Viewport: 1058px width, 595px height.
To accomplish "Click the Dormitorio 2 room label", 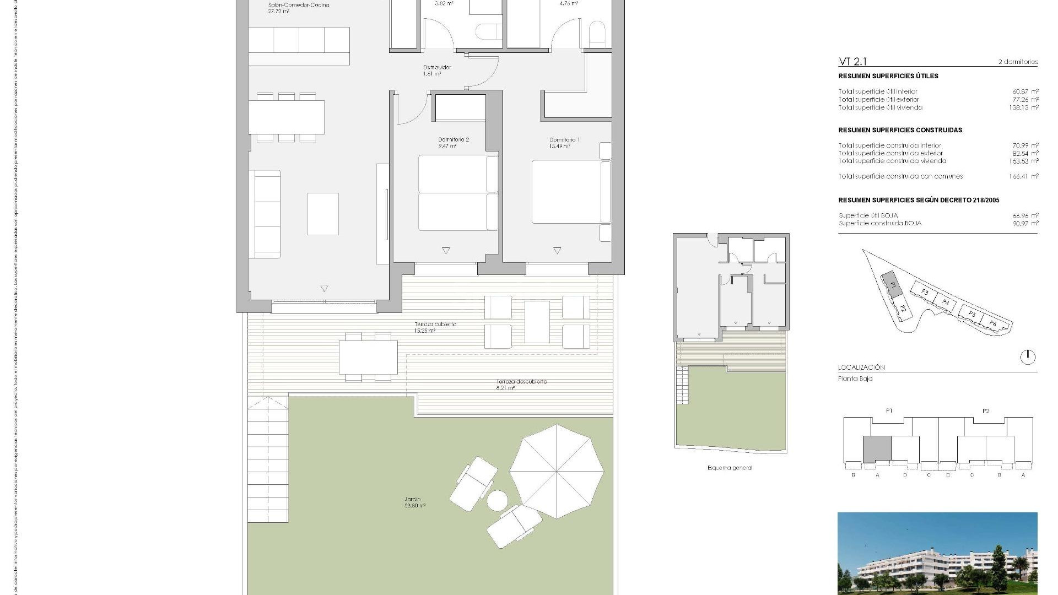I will [453, 140].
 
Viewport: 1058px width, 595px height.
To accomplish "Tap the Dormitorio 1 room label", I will [564, 140].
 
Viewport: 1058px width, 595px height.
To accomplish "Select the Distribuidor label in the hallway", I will [437, 67].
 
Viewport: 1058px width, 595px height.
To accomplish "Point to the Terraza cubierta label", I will [435, 324].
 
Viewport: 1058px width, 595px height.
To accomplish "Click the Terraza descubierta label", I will [521, 381].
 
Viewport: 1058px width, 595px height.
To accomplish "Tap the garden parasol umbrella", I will [557, 471].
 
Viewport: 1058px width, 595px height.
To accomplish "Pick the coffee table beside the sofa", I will [322, 214].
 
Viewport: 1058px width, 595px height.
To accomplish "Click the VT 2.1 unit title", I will [852, 62].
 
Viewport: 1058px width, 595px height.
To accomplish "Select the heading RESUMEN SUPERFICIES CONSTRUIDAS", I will [900, 130].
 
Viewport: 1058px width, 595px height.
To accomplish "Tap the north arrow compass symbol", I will [1027, 357].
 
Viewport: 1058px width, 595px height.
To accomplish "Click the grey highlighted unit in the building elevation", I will [877, 449].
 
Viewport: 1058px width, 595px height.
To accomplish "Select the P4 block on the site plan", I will [946, 302].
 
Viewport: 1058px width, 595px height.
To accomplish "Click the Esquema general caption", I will [730, 468].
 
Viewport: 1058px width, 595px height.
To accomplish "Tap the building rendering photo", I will [937, 553].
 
